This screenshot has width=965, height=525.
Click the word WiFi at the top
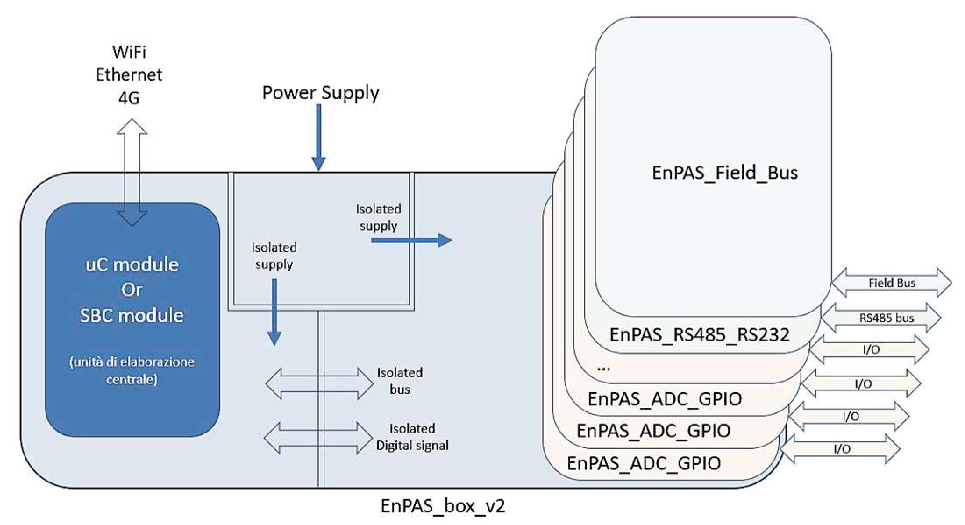(x=129, y=52)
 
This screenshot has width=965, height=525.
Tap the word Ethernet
(x=129, y=75)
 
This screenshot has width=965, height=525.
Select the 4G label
(x=129, y=98)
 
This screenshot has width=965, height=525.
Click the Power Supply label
(x=320, y=93)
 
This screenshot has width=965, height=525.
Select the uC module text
(x=132, y=265)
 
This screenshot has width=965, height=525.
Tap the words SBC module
(x=132, y=316)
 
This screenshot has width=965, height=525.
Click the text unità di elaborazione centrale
(x=132, y=370)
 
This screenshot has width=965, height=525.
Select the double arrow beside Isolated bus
(x=319, y=383)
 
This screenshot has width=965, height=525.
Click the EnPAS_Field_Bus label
(x=725, y=173)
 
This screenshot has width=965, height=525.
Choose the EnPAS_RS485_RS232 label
(x=699, y=335)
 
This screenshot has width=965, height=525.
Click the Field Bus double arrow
(x=892, y=283)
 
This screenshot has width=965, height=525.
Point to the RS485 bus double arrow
(x=881, y=318)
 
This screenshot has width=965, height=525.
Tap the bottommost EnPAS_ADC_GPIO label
(x=644, y=463)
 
